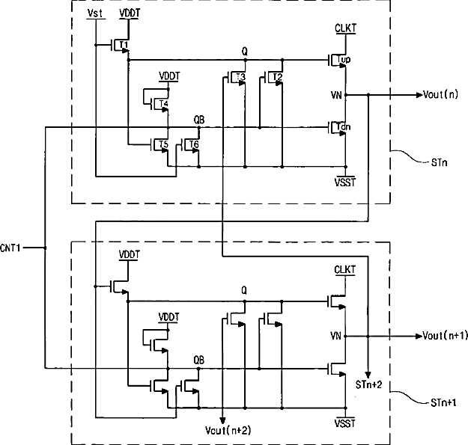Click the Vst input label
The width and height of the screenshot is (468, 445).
click(x=96, y=13)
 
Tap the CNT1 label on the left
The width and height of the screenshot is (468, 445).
click(x=10, y=248)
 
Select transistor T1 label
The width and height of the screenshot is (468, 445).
click(x=124, y=45)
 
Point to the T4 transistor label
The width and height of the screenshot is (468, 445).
click(x=163, y=103)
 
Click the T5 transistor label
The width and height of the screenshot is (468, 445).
click(x=163, y=144)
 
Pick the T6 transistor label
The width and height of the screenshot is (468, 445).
click(x=194, y=144)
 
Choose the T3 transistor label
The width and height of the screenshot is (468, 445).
click(x=240, y=77)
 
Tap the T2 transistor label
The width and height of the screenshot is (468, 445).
click(x=277, y=77)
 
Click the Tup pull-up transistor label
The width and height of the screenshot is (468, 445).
click(x=344, y=60)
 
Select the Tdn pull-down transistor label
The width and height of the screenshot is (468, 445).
click(x=343, y=127)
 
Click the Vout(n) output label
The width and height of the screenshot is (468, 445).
click(x=440, y=95)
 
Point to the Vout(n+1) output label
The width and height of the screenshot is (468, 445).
click(x=445, y=336)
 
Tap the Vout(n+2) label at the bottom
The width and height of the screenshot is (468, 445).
click(x=228, y=430)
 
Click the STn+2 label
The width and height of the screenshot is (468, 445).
click(x=368, y=384)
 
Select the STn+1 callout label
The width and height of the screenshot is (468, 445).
click(x=443, y=403)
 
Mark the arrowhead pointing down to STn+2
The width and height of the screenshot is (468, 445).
click(x=368, y=375)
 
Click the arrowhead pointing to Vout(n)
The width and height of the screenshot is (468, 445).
click(x=419, y=95)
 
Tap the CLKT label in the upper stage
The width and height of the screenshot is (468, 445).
click(x=345, y=28)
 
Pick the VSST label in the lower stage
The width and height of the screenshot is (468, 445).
click(x=345, y=423)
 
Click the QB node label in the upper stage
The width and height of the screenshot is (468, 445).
click(x=199, y=120)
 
